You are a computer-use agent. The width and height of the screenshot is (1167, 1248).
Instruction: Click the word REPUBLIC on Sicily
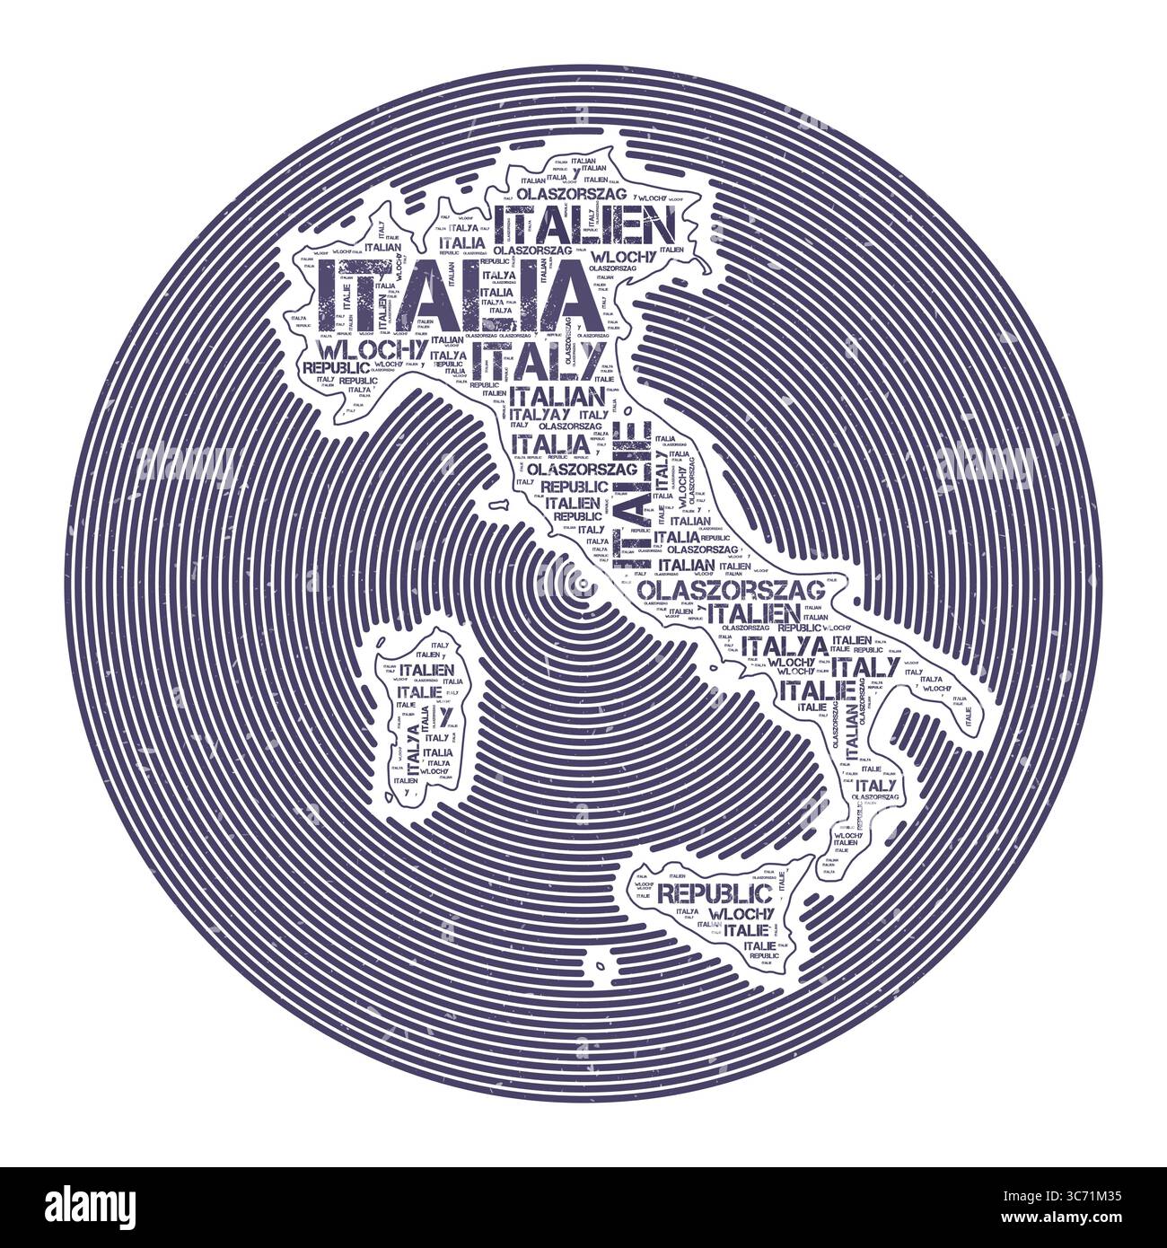point(715,893)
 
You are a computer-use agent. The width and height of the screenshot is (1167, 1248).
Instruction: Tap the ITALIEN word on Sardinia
point(427,669)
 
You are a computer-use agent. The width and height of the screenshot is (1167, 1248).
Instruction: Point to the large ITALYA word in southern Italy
point(785,646)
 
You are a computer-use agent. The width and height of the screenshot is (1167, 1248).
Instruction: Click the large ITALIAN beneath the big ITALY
point(557,396)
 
